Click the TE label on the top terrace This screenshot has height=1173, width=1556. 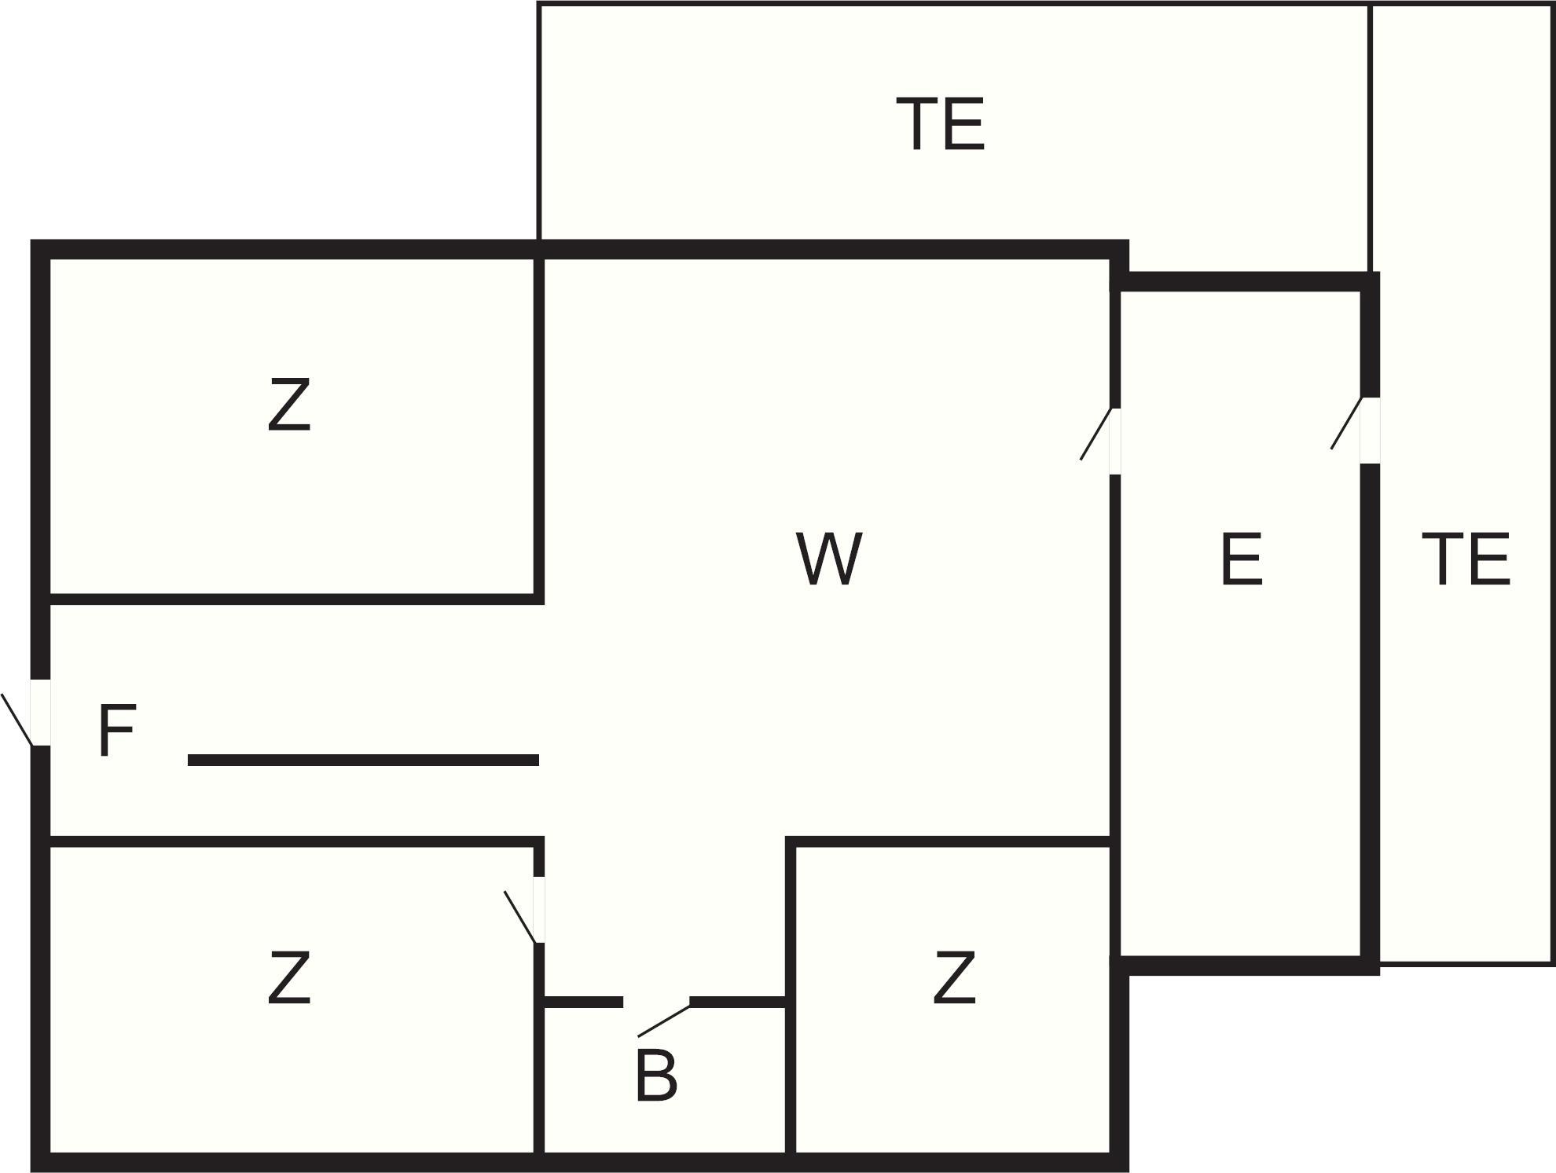(940, 124)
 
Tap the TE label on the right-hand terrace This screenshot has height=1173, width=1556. (1466, 559)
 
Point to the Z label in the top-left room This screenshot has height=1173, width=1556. (289, 405)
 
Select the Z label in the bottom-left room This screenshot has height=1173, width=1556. (289, 977)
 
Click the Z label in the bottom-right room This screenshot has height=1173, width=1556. (954, 977)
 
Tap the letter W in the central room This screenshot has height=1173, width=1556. (829, 559)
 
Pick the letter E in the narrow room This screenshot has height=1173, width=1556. (1242, 559)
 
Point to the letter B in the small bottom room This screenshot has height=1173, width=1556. (656, 1076)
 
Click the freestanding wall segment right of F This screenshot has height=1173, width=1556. (363, 760)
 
